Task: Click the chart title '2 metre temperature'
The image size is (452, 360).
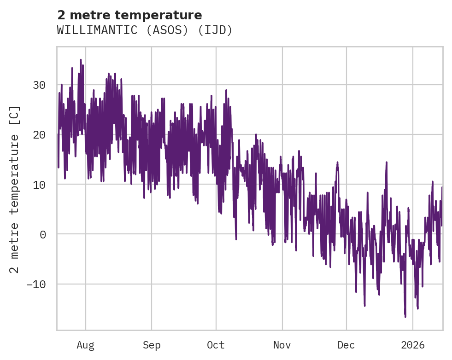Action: tap(129, 15)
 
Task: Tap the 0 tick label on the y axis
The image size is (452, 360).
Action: tap(42, 234)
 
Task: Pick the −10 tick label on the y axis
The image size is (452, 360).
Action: tap(35, 284)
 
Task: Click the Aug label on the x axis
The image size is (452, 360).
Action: tap(86, 345)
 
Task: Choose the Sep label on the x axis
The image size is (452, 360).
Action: tap(151, 345)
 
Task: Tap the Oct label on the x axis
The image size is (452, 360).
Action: tap(216, 345)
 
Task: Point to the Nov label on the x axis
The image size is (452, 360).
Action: tap(282, 345)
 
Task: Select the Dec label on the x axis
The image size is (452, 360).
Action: tap(346, 345)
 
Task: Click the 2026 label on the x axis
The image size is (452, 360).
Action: tap(413, 345)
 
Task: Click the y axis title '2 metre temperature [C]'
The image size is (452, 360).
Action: tap(15, 189)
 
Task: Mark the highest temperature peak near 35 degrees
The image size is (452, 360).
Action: tap(81, 60)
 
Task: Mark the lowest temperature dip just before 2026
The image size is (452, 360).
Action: tap(405, 317)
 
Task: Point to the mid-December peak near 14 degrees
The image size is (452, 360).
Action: tap(386, 163)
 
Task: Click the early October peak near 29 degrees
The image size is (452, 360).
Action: tap(226, 90)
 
